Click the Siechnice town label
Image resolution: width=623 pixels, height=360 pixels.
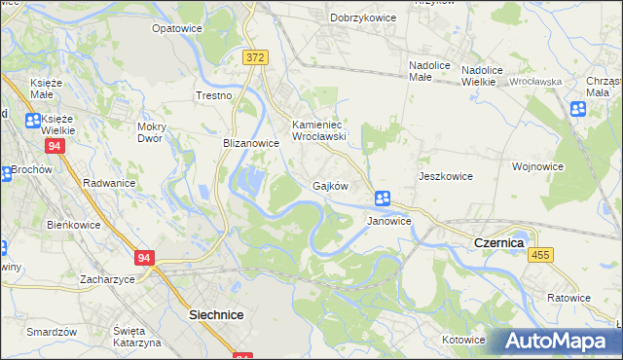click(215, 315)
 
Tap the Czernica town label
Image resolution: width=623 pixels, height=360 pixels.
click(498, 241)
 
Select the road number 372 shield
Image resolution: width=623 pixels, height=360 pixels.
click(255, 58)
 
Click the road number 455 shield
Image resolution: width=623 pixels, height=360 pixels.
click(540, 254)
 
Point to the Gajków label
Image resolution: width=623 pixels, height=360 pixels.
click(330, 185)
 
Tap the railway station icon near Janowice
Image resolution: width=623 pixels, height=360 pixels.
click(383, 198)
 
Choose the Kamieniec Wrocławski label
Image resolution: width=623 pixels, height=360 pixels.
click(320, 130)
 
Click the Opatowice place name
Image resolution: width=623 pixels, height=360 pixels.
click(176, 28)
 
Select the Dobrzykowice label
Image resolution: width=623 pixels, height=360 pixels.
click(362, 18)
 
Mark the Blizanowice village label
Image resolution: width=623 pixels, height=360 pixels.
click(251, 143)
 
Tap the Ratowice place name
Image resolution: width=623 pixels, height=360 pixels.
click(568, 298)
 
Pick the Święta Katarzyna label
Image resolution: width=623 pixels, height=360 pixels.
click(135, 337)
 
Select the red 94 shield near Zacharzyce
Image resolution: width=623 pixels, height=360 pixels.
click(145, 258)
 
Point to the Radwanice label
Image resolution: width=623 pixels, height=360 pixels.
click(109, 183)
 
